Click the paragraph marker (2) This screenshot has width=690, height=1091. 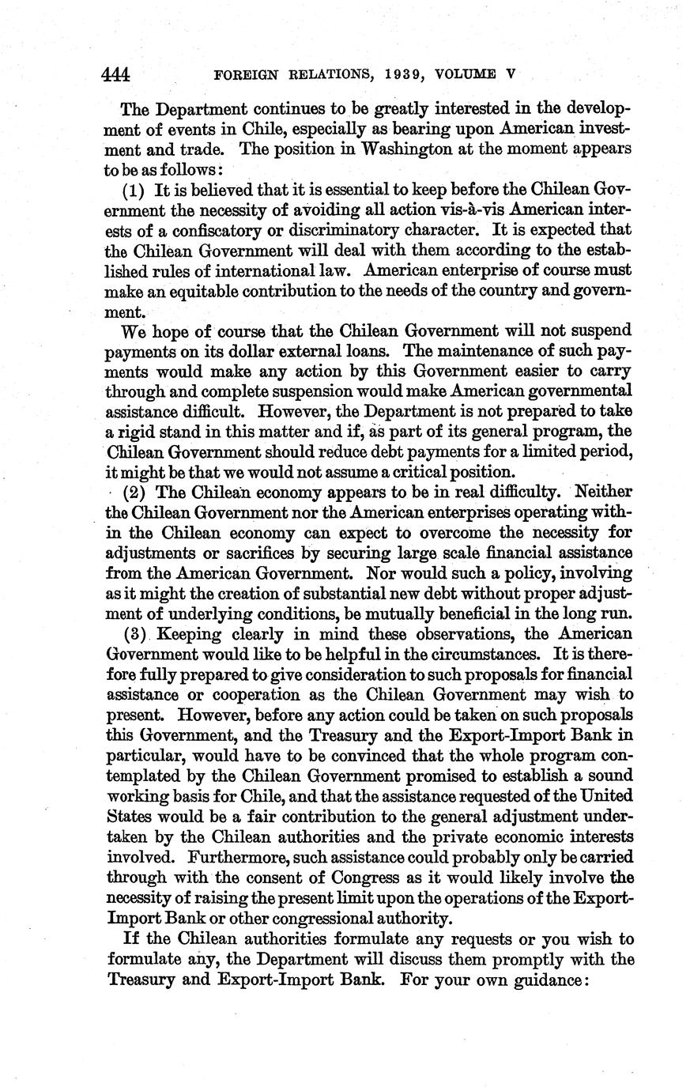pos(134,491)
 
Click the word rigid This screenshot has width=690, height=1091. pos(143,432)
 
